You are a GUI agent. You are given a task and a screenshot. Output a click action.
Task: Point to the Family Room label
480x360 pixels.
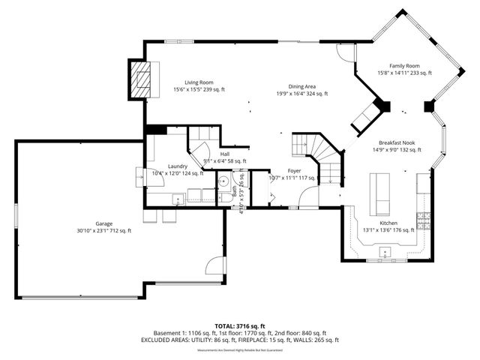tap(403, 69)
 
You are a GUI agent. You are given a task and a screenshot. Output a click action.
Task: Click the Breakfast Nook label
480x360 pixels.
tap(397, 145)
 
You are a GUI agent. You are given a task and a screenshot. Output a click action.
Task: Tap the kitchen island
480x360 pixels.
tap(381, 193)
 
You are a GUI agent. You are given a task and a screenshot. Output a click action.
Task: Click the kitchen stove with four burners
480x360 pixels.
tap(424, 221)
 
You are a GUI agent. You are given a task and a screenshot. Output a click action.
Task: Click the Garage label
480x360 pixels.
tap(104, 227)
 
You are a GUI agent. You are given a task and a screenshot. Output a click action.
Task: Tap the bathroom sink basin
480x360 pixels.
tap(223, 182)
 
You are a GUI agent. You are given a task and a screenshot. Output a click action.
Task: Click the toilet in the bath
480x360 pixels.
tap(223, 198)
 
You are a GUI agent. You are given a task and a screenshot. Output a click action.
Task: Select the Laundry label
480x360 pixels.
tap(178, 169)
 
